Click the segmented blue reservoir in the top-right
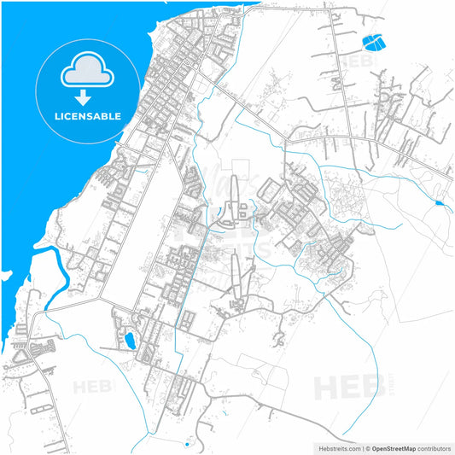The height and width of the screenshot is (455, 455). click(373, 40)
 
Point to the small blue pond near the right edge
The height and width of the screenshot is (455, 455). click(439, 203)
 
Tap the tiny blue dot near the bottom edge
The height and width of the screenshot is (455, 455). click(186, 444)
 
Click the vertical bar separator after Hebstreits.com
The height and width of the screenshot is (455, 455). click(361, 447)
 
